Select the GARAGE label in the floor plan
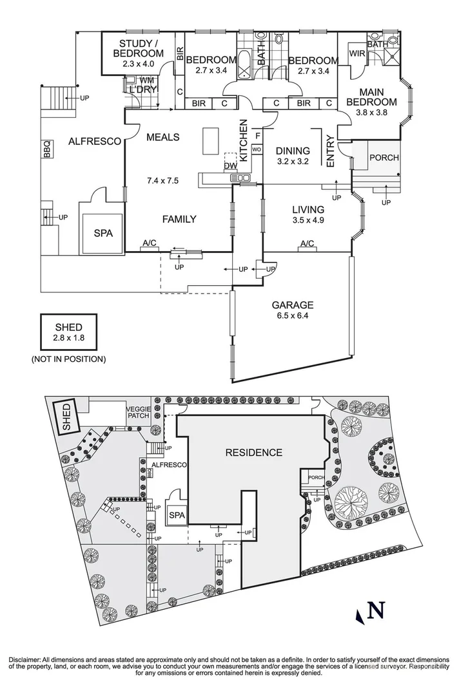click(x=292, y=305)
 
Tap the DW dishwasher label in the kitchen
click(x=231, y=166)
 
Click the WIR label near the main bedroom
click(x=357, y=53)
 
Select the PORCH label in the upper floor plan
click(x=384, y=158)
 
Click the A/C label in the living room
click(x=307, y=243)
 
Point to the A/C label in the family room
click(x=149, y=243)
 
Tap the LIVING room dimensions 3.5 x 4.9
click(x=308, y=221)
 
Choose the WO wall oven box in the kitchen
click(x=256, y=149)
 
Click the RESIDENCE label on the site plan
click(x=253, y=453)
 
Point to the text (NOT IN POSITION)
click(x=68, y=359)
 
